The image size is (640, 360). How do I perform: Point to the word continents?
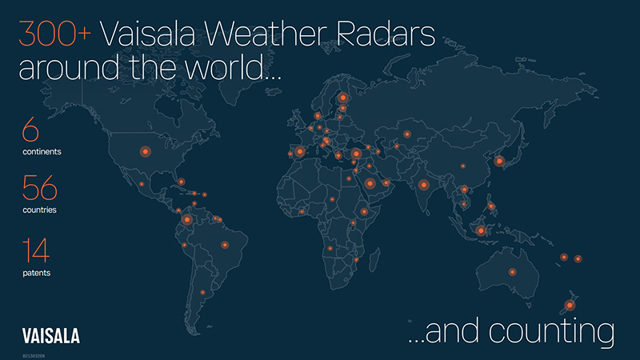click(42, 151)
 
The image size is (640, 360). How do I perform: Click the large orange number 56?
click(40, 190)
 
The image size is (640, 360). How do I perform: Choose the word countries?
click(40, 210)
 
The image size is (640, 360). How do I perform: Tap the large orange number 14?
click(35, 251)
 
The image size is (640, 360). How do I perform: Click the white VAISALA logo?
click(51, 335)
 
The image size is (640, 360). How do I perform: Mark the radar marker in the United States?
click(146, 150)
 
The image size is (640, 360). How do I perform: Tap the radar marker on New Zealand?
click(570, 304)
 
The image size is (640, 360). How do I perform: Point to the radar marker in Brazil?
click(225, 245)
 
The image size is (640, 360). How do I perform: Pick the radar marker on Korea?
click(499, 161)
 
